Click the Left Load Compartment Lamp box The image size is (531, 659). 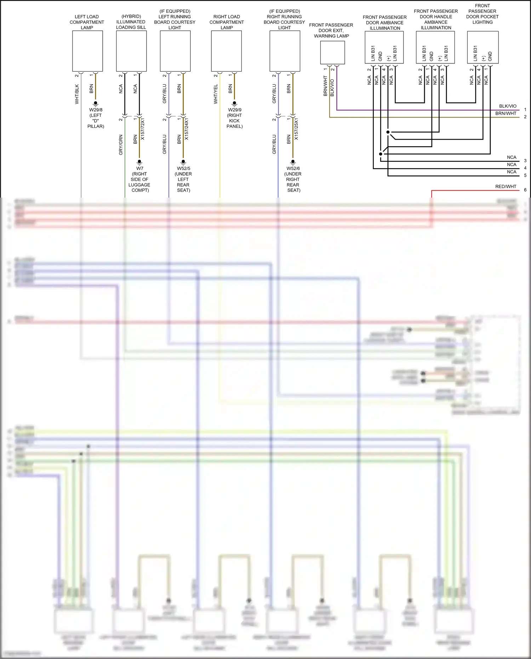click(87, 51)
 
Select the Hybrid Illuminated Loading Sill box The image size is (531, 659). click(131, 51)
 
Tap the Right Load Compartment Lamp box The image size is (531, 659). click(227, 51)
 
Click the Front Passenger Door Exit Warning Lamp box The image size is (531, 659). click(332, 52)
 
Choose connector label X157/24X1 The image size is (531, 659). click(187, 129)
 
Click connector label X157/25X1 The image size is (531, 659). click(296, 129)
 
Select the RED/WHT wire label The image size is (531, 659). click(506, 187)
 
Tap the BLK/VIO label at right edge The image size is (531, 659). click(508, 106)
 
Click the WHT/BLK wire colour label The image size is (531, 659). click(77, 94)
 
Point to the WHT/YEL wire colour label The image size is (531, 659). click(216, 94)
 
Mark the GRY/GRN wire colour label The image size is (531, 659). click(121, 144)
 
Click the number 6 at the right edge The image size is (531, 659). click(525, 190)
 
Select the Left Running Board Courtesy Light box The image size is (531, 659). click(175, 51)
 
